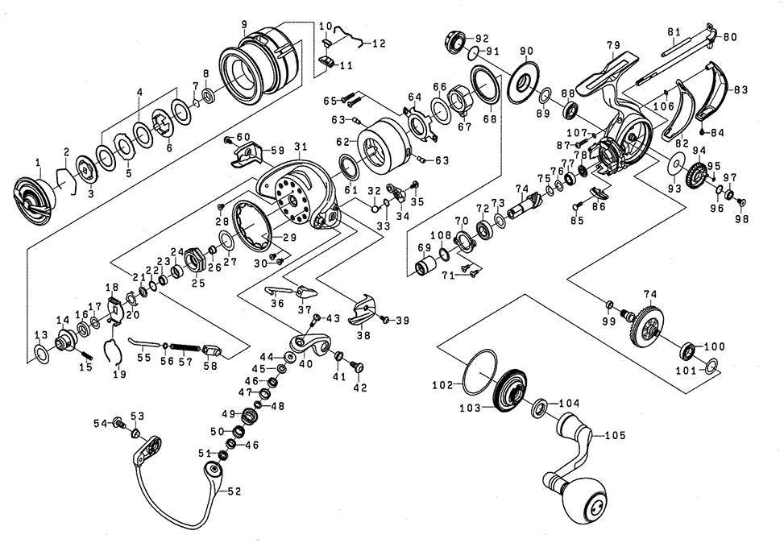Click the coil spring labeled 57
coord(185,347)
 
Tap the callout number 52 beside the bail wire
coord(234,491)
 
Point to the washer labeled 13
coord(40,352)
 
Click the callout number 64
coord(415,97)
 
